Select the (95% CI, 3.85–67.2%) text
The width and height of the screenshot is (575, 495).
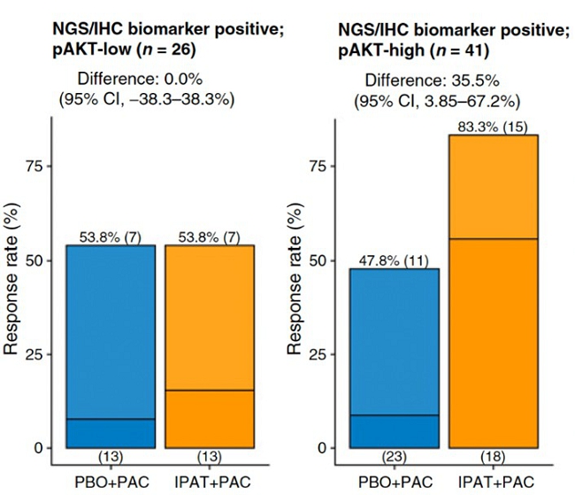437,99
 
